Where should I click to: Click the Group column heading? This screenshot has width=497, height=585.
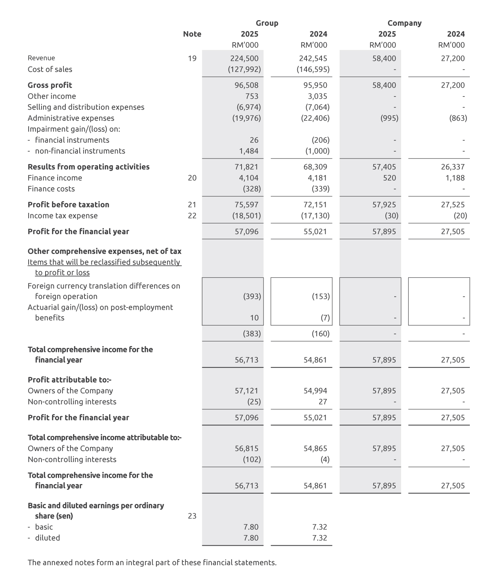(267, 23)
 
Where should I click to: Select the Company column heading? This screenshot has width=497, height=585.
(404, 23)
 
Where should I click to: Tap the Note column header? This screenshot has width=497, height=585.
(192, 34)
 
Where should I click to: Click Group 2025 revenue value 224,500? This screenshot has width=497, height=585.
(244, 58)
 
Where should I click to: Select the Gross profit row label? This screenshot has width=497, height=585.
(50, 85)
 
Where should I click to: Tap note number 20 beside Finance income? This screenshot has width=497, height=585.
(192, 178)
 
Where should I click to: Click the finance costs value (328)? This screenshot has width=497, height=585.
(251, 189)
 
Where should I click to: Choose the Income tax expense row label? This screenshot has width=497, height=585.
(63, 216)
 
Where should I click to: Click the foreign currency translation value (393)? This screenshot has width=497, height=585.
(252, 297)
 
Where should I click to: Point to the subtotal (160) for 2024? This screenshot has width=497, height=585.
(320, 334)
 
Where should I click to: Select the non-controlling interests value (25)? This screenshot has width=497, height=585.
(254, 402)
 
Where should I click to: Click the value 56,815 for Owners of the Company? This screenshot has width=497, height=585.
(246, 448)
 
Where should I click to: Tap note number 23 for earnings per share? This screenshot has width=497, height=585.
(192, 516)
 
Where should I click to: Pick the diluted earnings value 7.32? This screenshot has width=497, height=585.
(319, 538)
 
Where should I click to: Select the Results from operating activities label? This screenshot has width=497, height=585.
(88, 167)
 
